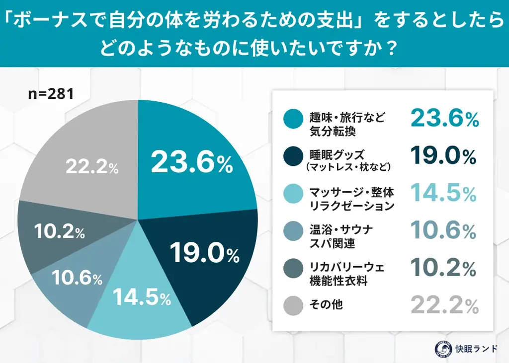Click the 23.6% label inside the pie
point(191,163)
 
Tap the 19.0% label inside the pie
point(204,253)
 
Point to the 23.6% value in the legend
point(444,119)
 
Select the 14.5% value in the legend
point(444,194)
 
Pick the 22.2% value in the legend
point(444,306)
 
